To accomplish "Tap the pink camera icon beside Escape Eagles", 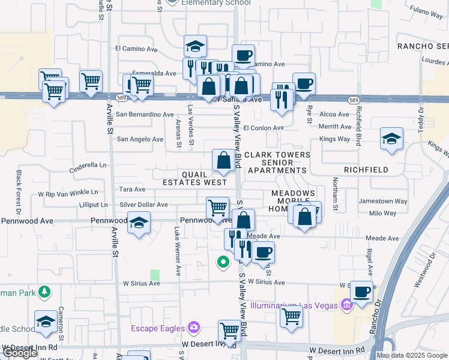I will pyautogui.click(x=193, y=328).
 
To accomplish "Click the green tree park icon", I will pyautogui.click(x=44, y=292).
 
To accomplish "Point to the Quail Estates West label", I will pyautogui.click(x=196, y=177).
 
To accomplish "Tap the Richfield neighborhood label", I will pyautogui.click(x=367, y=170).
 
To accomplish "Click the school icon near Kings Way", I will pyautogui.click(x=391, y=139).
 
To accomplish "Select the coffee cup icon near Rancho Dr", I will pyautogui.click(x=361, y=292).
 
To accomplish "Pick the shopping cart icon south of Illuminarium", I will pyautogui.click(x=291, y=314).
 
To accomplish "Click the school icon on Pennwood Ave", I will pyautogui.click(x=139, y=224).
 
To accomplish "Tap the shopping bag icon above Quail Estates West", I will pyautogui.click(x=223, y=160).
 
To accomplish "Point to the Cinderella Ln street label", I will pyautogui.click(x=88, y=165).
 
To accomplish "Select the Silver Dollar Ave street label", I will pyautogui.click(x=143, y=205).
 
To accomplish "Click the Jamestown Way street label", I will pyautogui.click(x=383, y=202).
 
